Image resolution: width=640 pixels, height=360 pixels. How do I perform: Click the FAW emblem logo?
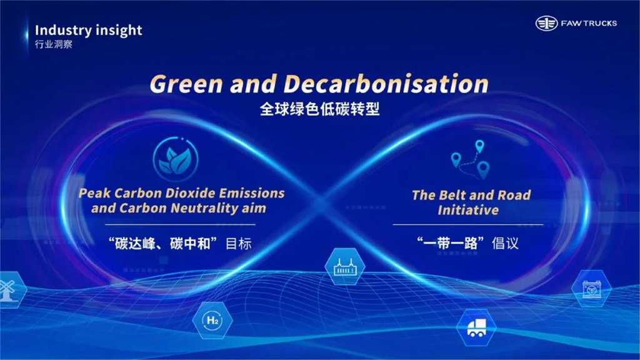(x=546, y=23)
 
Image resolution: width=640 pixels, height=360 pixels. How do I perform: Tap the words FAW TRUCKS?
(x=589, y=24)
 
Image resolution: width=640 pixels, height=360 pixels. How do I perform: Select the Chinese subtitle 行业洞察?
(x=54, y=44)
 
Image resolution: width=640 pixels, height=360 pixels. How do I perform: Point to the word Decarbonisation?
(x=386, y=84)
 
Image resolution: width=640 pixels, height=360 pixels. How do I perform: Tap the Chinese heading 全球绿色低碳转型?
(x=319, y=109)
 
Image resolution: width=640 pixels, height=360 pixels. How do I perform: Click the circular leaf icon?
(x=176, y=159)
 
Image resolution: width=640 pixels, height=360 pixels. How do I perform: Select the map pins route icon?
(x=470, y=159)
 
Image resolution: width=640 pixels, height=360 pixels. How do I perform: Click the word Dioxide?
(x=187, y=192)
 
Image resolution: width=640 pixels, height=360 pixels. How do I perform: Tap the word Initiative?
(x=468, y=210)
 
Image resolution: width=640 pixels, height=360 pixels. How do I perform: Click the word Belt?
(x=452, y=195)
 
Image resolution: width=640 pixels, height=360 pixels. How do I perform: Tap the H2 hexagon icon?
(x=212, y=321)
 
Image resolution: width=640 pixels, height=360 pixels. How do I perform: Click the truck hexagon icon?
(x=476, y=327)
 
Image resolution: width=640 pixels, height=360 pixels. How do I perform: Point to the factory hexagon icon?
(x=345, y=266)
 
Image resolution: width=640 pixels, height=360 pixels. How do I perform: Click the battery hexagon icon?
(x=591, y=289)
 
